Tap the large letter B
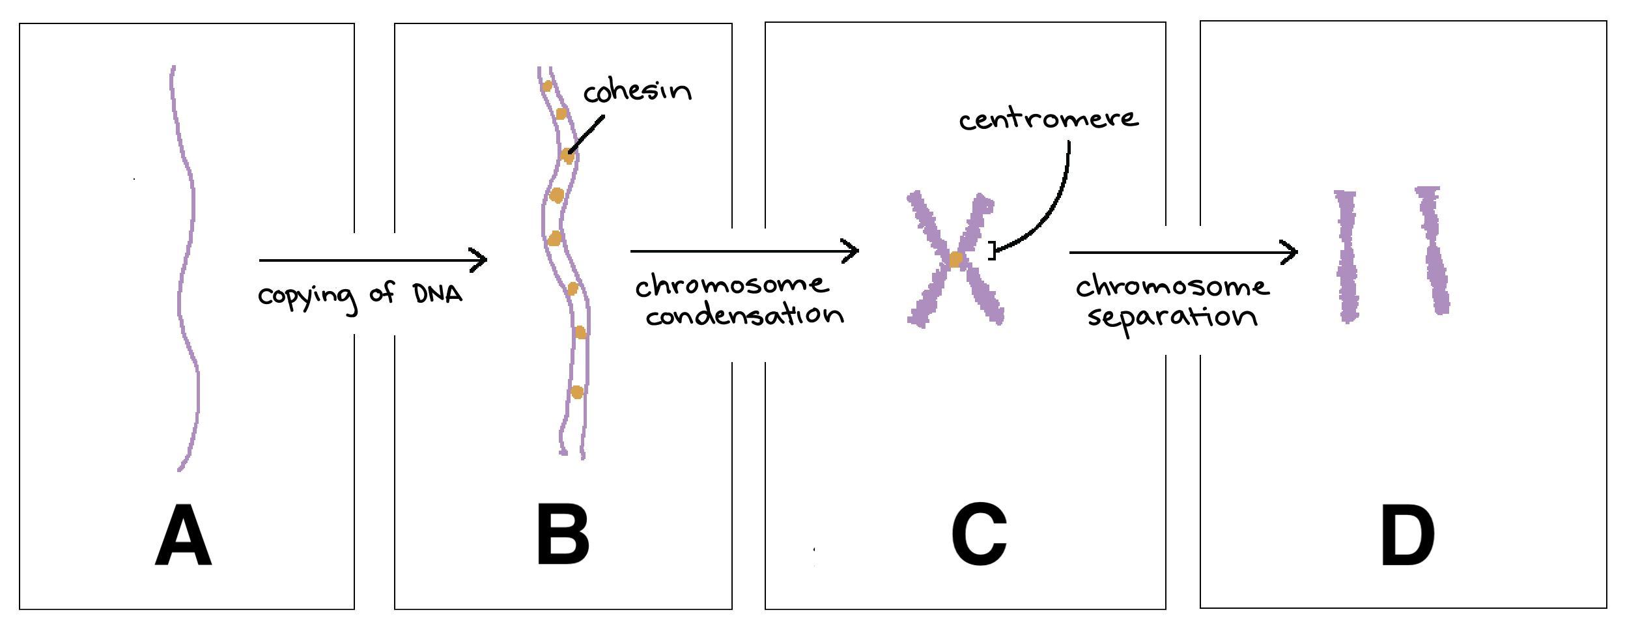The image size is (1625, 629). click(x=563, y=537)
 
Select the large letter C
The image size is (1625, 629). click(x=979, y=535)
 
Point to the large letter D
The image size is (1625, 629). click(x=1407, y=537)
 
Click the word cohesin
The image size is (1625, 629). click(x=637, y=91)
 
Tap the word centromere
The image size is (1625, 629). click(x=1049, y=120)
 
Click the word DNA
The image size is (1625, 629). click(x=438, y=294)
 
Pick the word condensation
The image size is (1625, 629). click(x=744, y=316)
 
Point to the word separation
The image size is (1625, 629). click(x=1172, y=317)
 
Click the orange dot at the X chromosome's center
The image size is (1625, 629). click(x=955, y=260)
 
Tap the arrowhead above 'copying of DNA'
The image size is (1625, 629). click(x=479, y=260)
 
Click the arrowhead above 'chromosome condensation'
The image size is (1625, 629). click(x=851, y=251)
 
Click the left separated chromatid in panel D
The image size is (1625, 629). click(x=1346, y=256)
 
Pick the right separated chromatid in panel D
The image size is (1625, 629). click(x=1433, y=251)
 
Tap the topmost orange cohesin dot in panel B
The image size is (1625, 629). click(x=548, y=86)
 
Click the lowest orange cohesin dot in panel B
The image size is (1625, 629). click(x=576, y=392)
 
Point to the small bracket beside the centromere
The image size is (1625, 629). click(x=992, y=251)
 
